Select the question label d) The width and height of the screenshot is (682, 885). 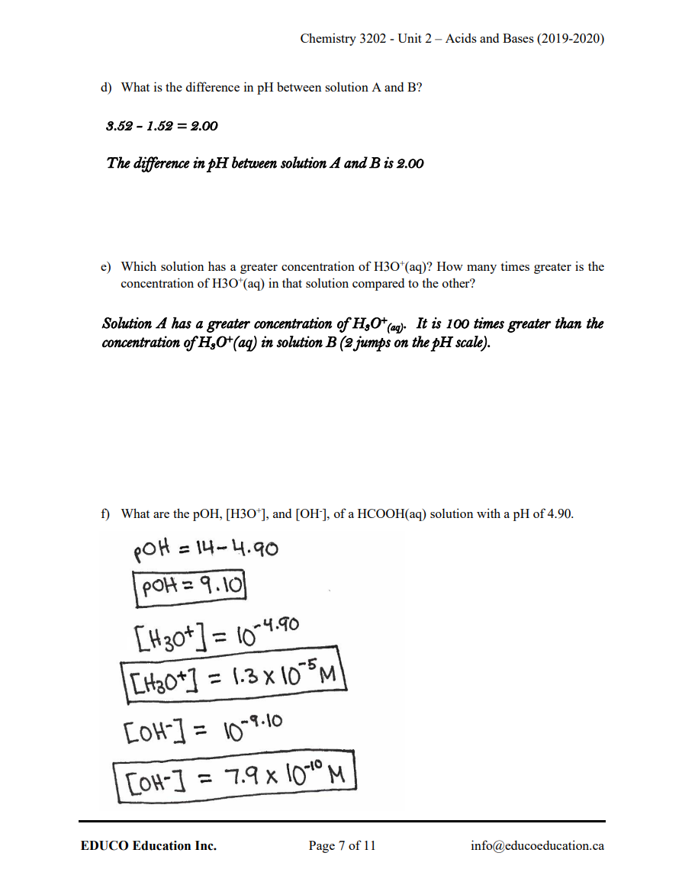pos(107,88)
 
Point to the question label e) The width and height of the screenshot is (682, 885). pos(107,267)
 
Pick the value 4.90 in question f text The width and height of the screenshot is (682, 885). pos(557,514)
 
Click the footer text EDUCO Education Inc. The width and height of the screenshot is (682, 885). pos(148,845)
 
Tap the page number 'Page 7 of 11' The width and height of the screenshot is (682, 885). pos(342,845)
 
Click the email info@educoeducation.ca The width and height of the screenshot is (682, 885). pos(538,845)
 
